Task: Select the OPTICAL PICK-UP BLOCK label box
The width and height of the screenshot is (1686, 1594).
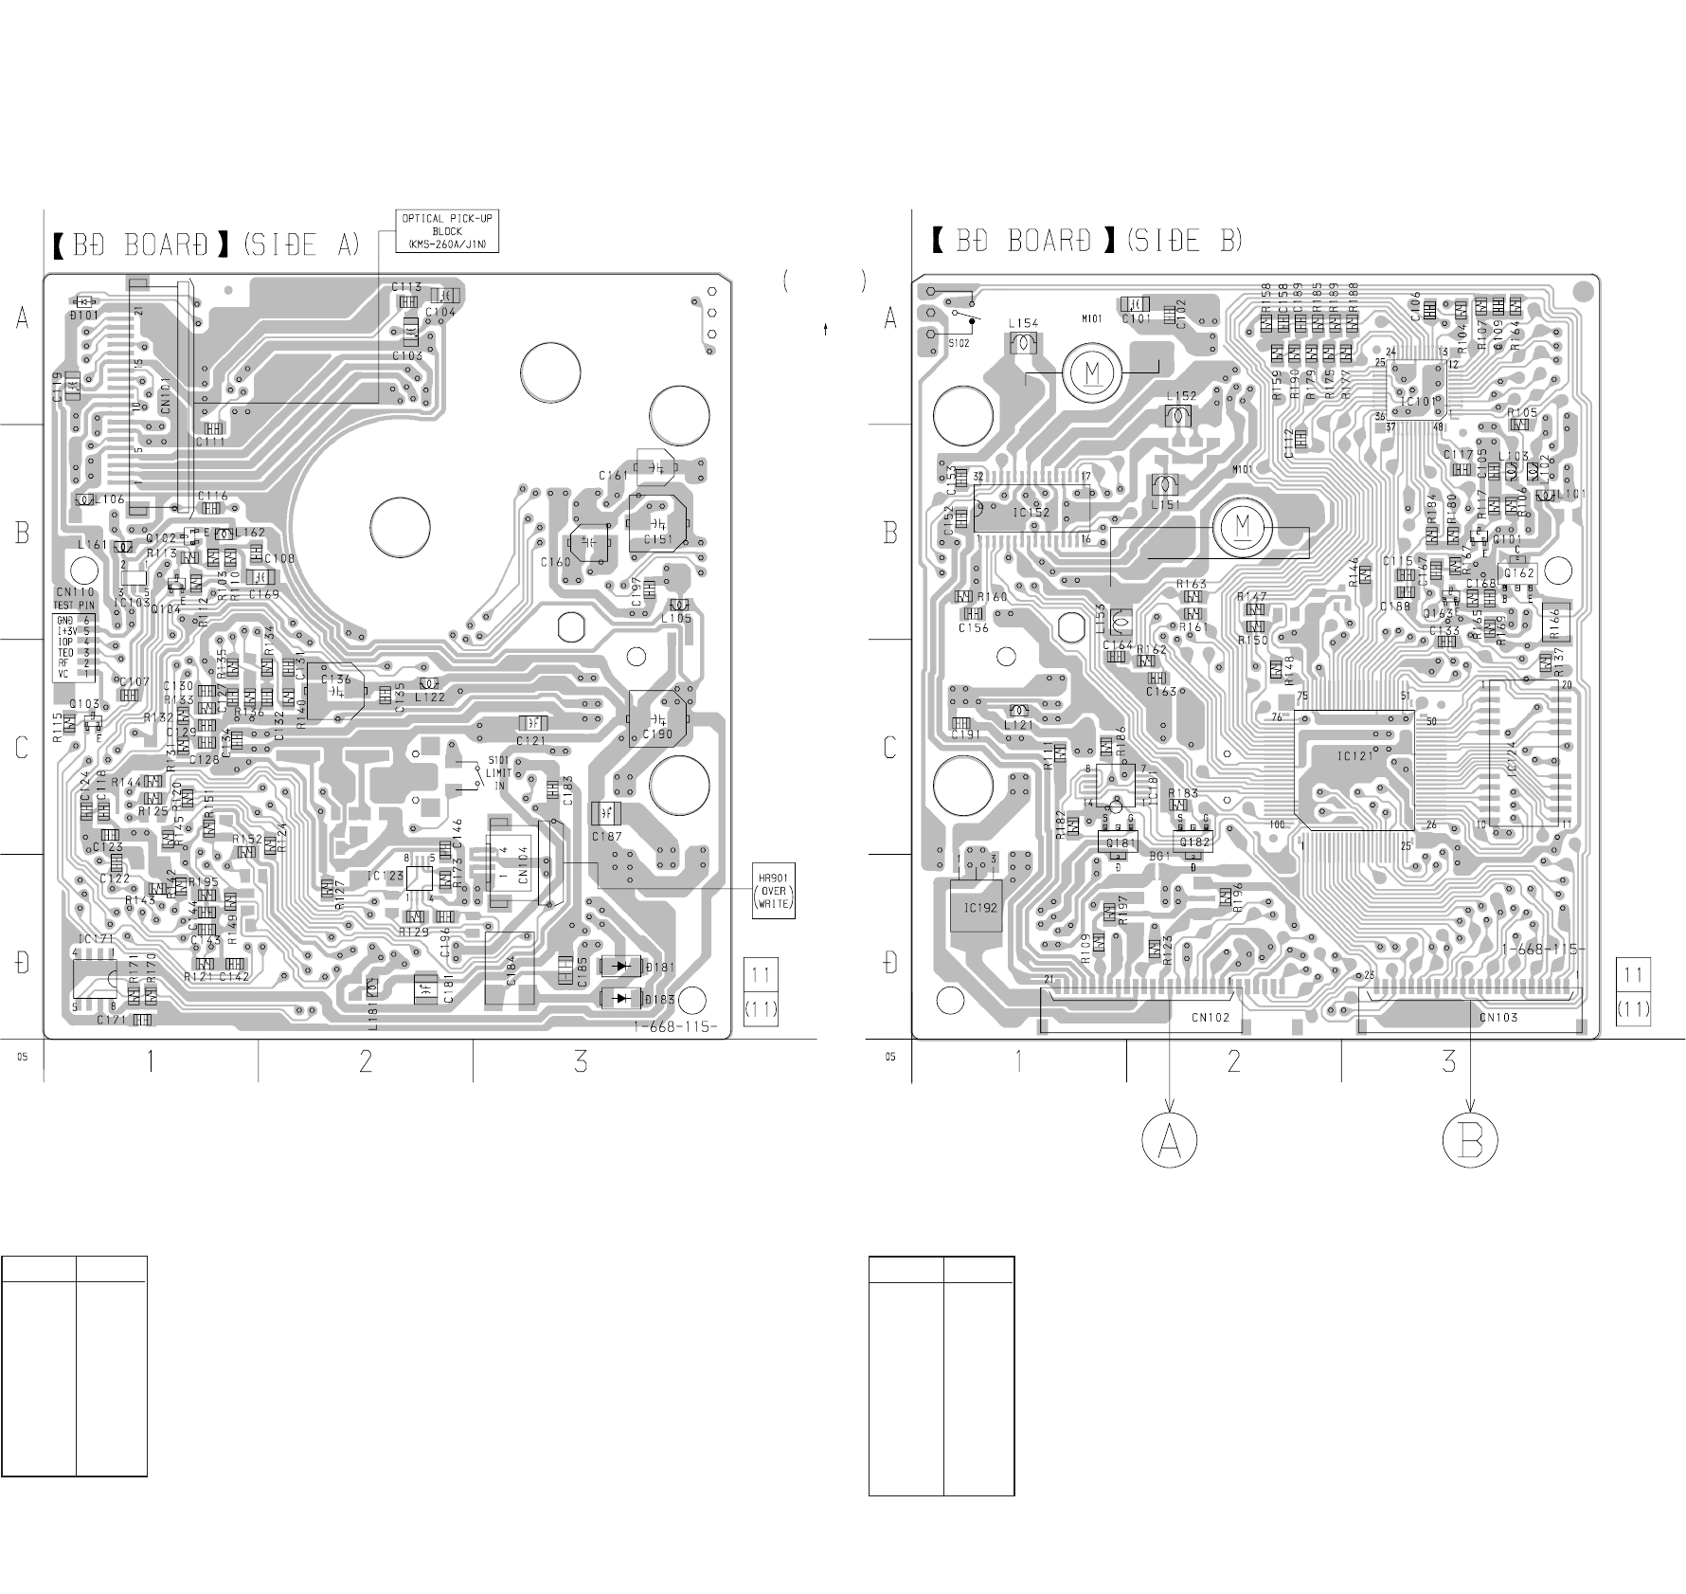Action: point(446,231)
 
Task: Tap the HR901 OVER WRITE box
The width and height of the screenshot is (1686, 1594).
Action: point(773,890)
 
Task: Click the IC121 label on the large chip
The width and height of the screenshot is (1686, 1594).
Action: point(1354,756)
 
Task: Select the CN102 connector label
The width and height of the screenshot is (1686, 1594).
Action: point(1211,1017)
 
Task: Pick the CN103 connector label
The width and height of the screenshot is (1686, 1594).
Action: point(1498,1017)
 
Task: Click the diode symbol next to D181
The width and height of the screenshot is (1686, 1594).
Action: point(621,967)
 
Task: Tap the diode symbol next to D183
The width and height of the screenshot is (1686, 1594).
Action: point(621,998)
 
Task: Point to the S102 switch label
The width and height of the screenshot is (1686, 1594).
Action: point(959,343)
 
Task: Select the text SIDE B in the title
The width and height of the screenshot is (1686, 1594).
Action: point(1183,241)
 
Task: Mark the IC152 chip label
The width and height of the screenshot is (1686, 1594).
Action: point(1031,513)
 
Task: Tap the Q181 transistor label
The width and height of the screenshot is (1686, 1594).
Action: point(1121,842)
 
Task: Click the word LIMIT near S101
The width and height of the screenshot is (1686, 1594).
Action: point(499,773)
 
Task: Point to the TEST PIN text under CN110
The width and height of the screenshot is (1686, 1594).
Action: point(75,605)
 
